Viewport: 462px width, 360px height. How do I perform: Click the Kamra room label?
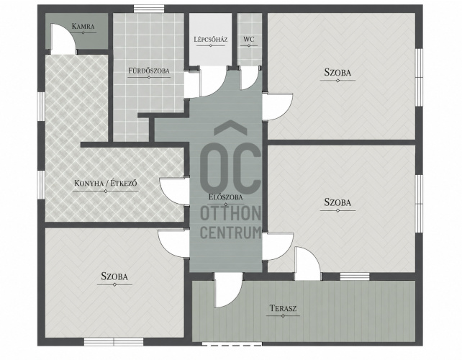click(x=83, y=26)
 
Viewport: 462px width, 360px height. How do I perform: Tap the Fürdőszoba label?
click(x=149, y=71)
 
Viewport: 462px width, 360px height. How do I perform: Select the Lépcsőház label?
click(x=211, y=39)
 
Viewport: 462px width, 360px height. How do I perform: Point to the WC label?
click(x=249, y=39)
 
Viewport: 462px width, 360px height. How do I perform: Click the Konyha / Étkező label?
click(x=106, y=184)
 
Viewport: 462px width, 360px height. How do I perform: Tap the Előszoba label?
click(x=226, y=197)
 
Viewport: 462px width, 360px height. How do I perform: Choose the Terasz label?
click(x=283, y=308)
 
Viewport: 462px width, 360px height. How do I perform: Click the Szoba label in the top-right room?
click(x=338, y=73)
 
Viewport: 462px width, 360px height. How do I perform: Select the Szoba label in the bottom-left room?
click(x=114, y=276)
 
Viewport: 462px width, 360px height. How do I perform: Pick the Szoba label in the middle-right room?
click(x=338, y=202)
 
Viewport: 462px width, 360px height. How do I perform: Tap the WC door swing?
click(x=250, y=78)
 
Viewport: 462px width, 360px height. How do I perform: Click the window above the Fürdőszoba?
click(x=149, y=9)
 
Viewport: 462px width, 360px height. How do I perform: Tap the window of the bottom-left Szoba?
click(x=114, y=342)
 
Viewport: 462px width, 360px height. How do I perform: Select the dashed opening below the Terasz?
click(x=232, y=343)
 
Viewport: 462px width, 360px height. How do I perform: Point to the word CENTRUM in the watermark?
click(x=231, y=233)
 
